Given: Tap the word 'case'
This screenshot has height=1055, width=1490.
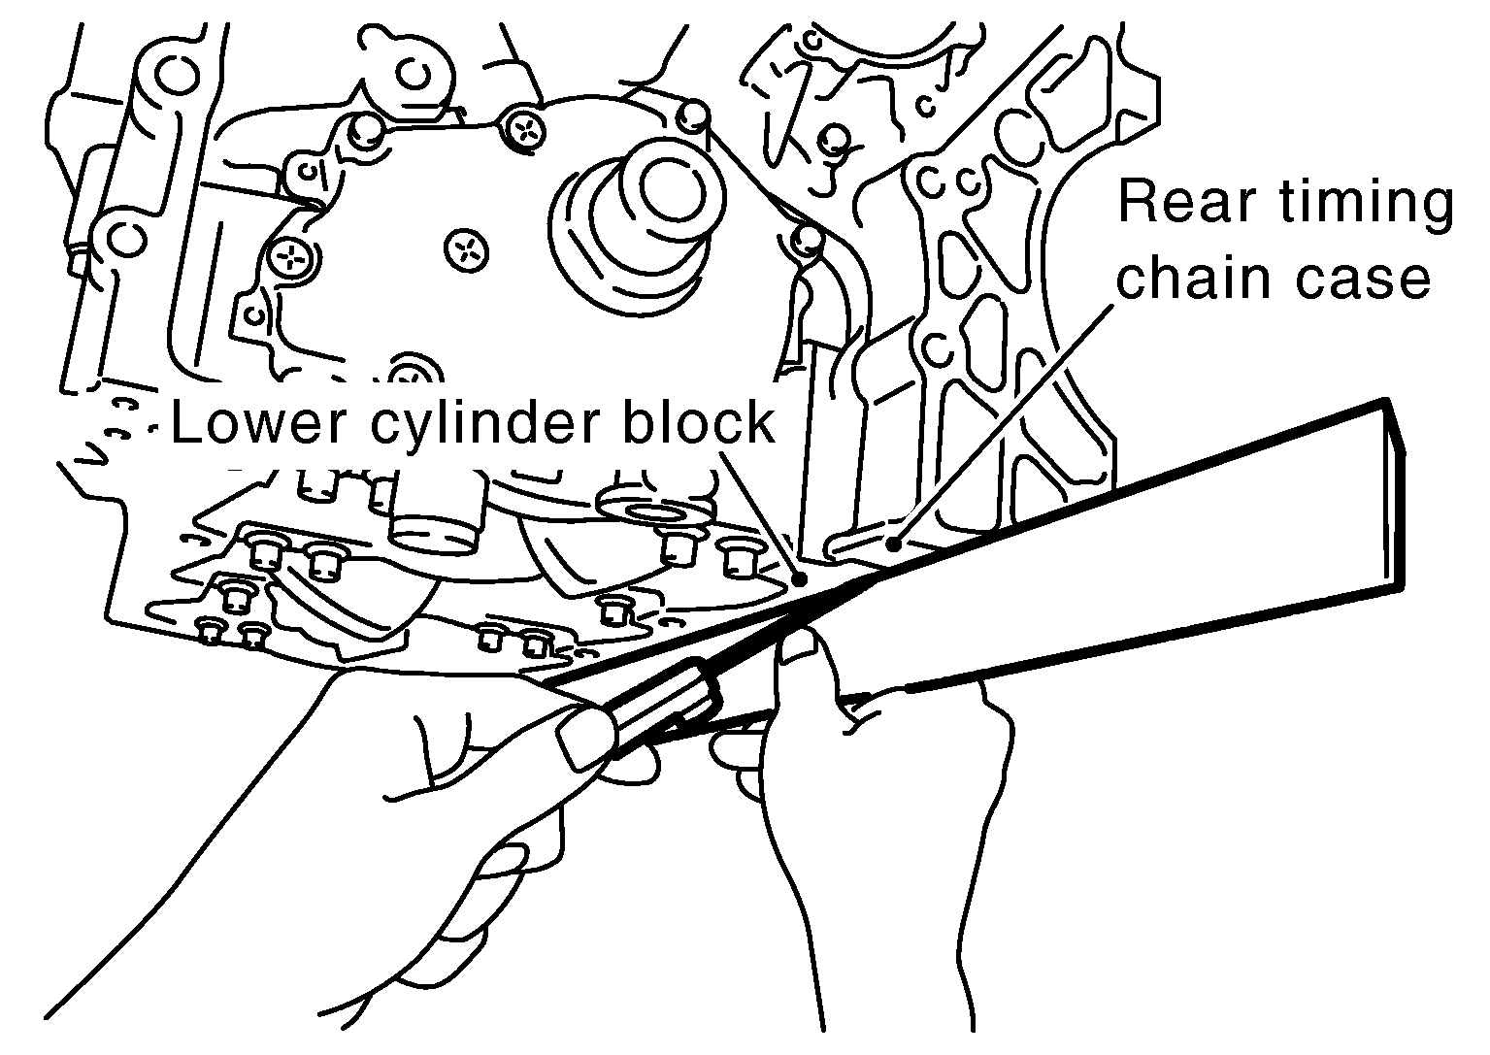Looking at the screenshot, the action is [x=1363, y=280].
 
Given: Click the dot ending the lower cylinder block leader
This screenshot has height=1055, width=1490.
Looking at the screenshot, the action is [x=801, y=578].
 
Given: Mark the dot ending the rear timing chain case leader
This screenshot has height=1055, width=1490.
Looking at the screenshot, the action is [x=894, y=544].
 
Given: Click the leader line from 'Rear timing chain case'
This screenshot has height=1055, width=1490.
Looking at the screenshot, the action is [x=1003, y=426].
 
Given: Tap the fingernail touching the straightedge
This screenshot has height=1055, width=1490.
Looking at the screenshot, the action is [x=799, y=645].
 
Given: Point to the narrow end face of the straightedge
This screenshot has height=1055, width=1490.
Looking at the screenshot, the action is [x=1396, y=496].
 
